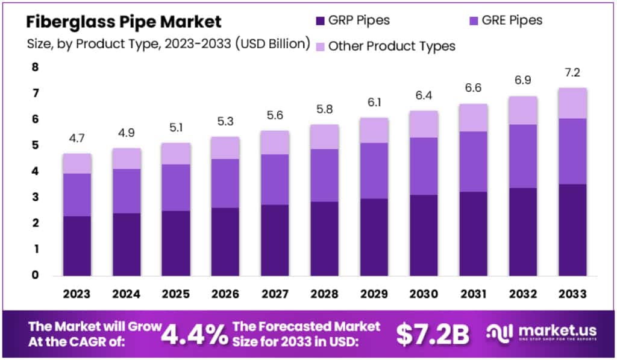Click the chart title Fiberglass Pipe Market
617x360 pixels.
coord(124,22)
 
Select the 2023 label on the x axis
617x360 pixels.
coord(77,294)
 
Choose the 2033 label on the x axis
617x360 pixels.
coord(572,294)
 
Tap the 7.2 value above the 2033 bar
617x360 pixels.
coord(572,73)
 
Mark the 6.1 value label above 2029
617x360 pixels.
coord(374,103)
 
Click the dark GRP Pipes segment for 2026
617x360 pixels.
coord(225,241)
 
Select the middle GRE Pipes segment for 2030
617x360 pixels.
coord(423,166)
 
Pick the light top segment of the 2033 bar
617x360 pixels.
coord(572,103)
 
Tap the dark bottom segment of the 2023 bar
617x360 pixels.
coord(77,245)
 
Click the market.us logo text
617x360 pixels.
coord(552,330)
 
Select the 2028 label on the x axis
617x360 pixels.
coord(324,294)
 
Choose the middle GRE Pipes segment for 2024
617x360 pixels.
coord(126,191)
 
